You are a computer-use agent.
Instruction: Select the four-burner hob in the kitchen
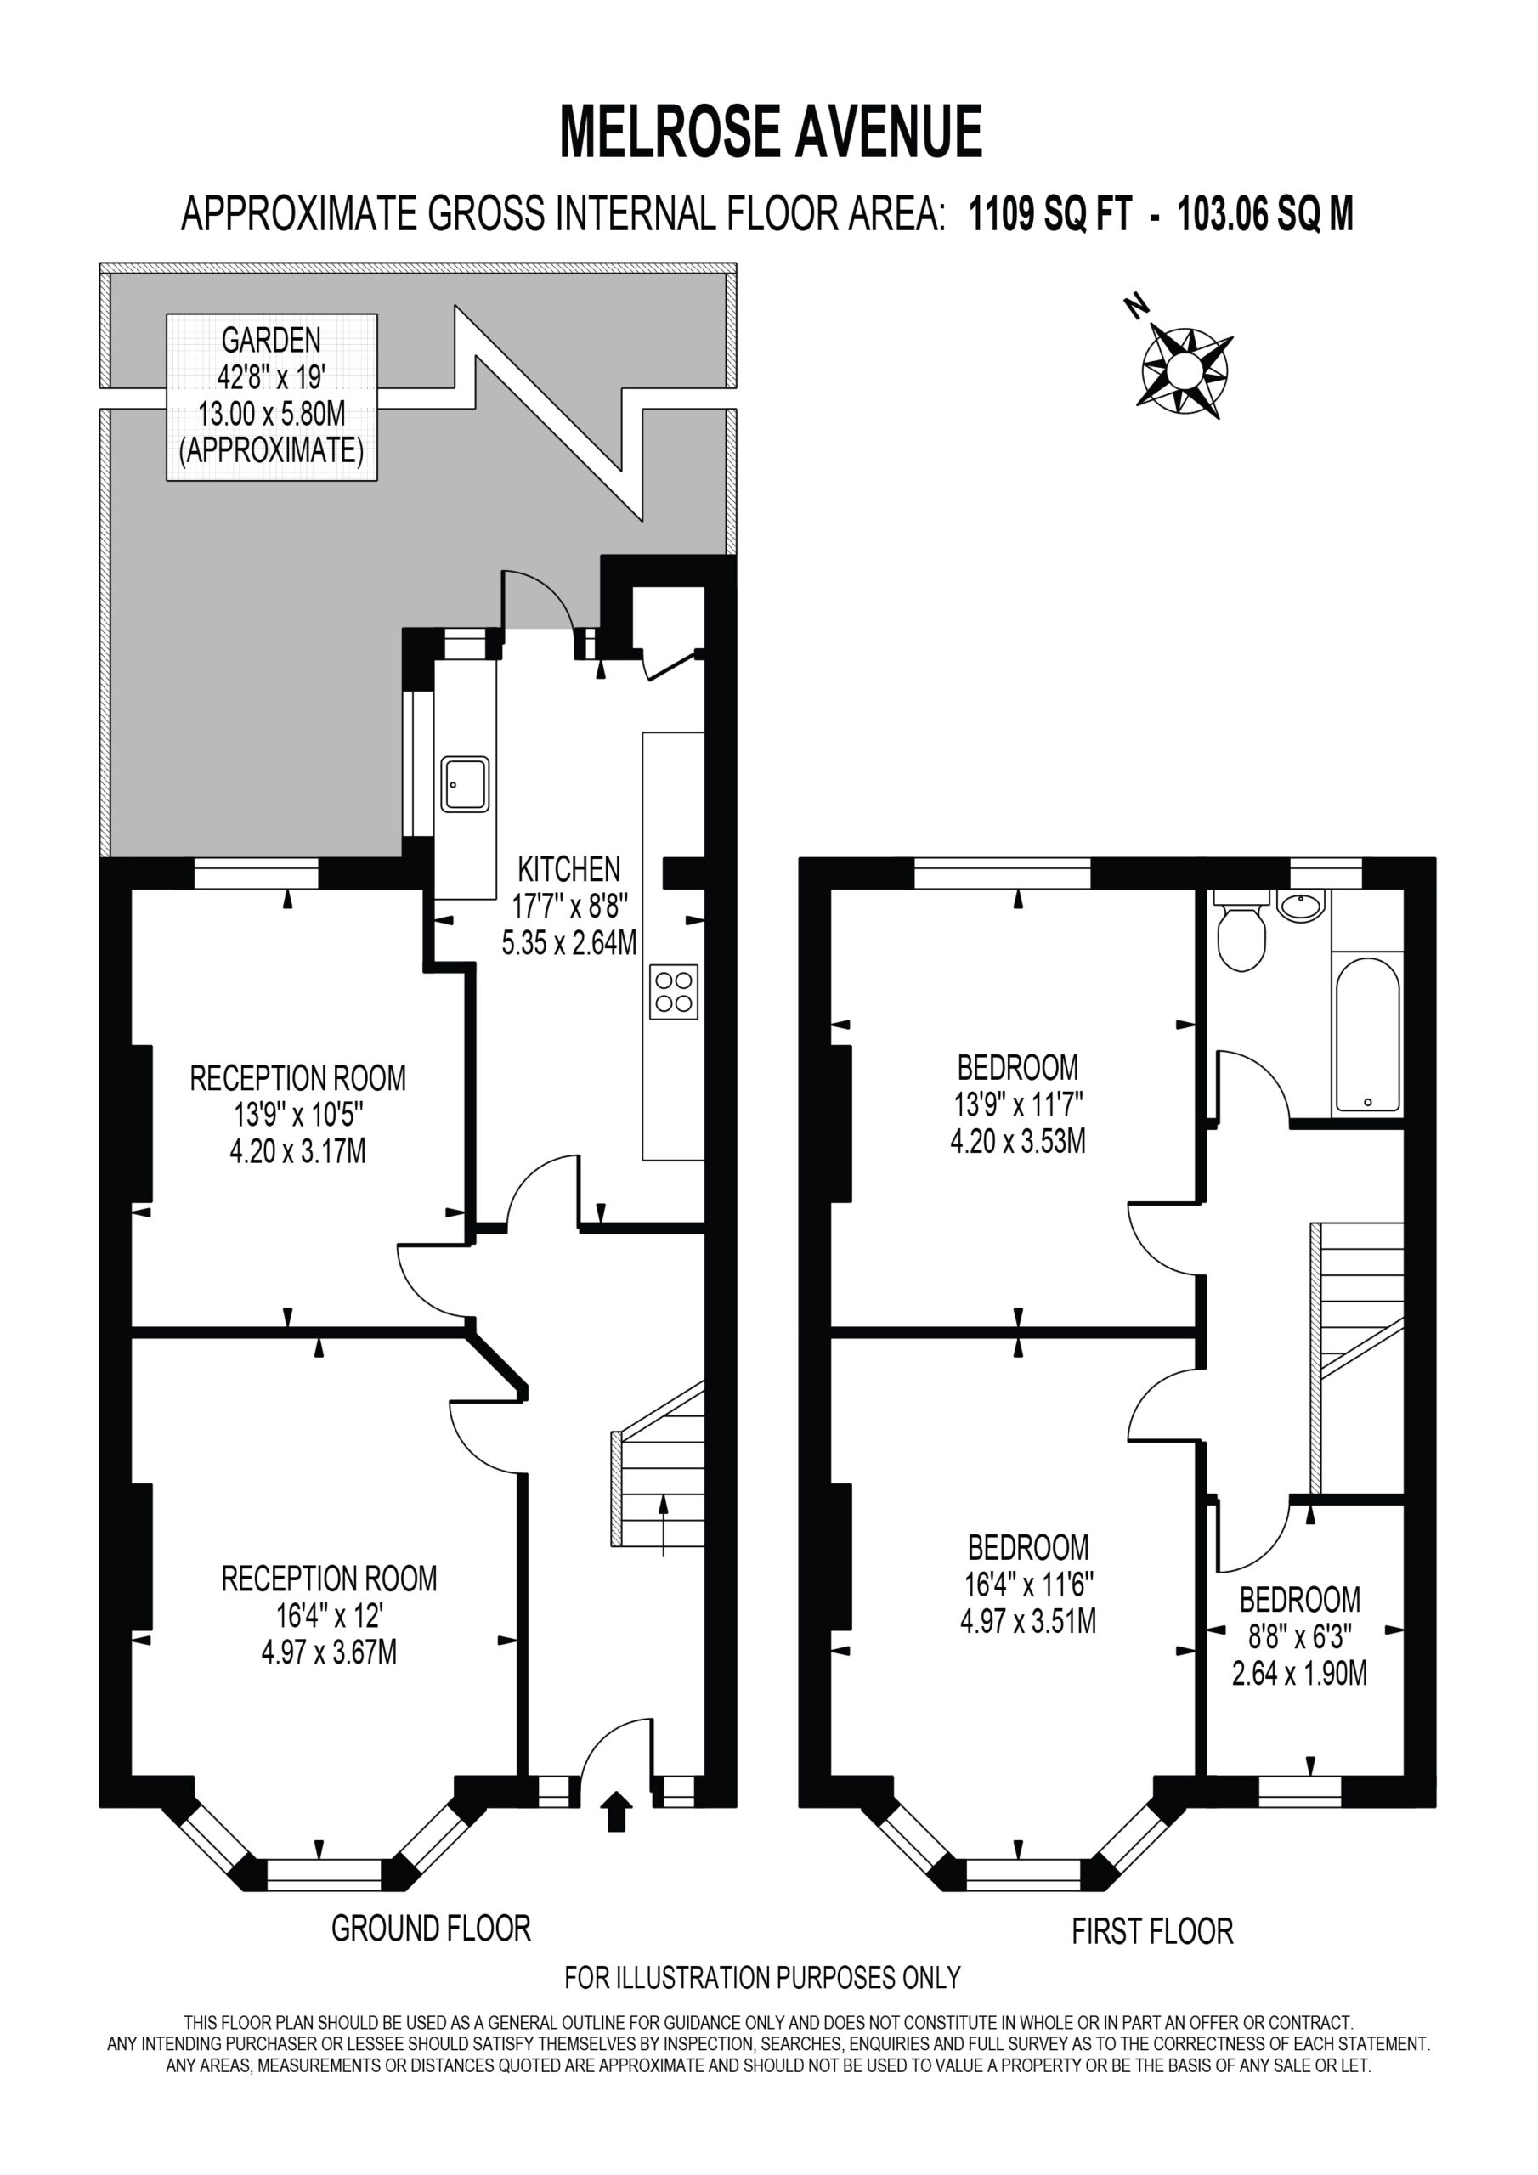coord(674,991)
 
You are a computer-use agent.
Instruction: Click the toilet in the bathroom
coord(1241,930)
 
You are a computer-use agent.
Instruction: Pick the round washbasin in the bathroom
coord(1301,907)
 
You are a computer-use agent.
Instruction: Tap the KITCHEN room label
coord(568,868)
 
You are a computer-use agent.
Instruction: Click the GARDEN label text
coord(271,339)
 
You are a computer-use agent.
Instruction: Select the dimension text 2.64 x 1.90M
coord(1299,1674)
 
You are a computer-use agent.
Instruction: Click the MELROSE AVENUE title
coord(771,132)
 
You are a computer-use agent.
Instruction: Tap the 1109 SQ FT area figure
coord(1050,214)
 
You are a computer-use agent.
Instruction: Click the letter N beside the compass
coord(1136,305)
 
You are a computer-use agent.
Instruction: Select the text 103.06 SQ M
coord(1265,214)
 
